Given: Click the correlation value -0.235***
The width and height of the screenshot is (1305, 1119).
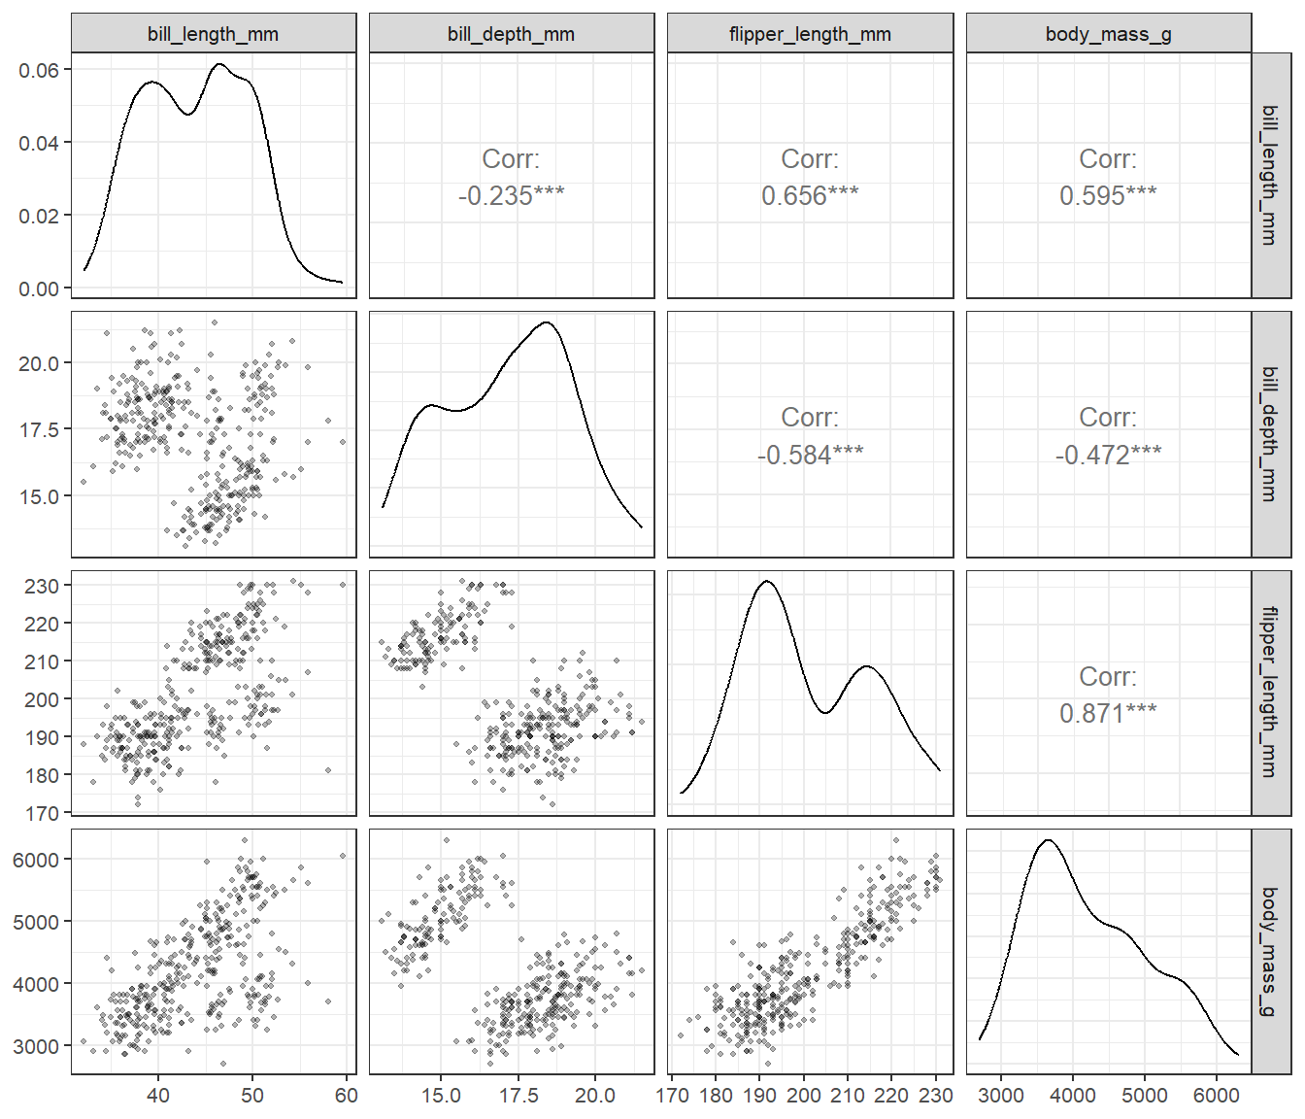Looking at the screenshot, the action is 511,196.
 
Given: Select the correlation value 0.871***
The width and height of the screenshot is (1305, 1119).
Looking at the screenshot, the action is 1108,714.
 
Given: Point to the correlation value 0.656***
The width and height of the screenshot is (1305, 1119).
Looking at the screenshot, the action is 810,196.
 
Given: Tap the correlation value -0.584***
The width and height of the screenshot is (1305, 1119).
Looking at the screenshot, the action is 810,455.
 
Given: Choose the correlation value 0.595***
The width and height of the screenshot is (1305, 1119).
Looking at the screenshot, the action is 1108,196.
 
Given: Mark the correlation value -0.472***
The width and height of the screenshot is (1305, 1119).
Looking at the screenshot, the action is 1108,455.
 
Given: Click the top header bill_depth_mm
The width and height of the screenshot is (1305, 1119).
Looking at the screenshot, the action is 511,33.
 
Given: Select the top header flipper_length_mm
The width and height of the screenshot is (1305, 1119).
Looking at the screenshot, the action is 810,33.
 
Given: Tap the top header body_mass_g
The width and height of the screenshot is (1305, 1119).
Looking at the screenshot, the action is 1108,33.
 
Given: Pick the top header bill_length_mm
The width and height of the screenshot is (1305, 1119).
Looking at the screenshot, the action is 213,33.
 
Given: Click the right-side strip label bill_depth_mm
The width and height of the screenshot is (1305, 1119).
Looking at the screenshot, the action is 1270,434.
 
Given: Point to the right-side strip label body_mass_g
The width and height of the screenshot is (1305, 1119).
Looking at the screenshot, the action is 1270,952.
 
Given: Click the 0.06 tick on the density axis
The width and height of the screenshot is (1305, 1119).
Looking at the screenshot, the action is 39,70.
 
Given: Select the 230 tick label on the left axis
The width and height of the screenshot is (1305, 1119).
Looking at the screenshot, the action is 42,586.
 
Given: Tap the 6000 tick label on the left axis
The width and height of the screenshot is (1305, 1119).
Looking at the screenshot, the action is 36,860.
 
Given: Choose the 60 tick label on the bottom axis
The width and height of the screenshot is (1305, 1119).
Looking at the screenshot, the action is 347,1095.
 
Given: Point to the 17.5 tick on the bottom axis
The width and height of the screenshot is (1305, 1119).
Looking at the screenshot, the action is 519,1095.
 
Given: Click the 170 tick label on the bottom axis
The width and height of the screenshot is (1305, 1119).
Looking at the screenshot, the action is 672,1095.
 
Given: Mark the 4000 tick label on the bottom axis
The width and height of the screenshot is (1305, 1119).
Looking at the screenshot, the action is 1073,1095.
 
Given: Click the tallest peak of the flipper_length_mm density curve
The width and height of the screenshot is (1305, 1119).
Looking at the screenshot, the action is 766,581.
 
